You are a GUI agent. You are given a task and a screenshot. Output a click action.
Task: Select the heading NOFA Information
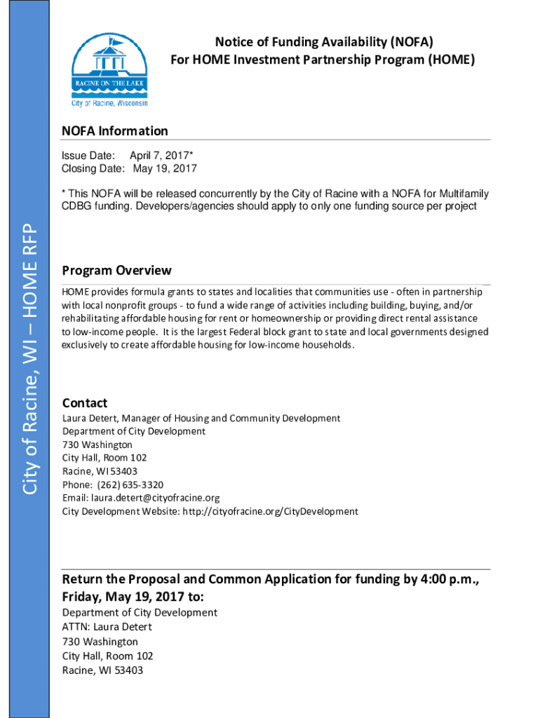tap(115, 131)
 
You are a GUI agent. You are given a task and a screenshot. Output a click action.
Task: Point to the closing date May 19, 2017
tap(165, 168)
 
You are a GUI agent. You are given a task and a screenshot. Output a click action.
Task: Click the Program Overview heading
tap(116, 271)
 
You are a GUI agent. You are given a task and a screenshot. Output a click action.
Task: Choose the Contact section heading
tap(85, 403)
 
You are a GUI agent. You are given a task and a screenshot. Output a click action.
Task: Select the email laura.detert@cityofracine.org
tap(155, 498)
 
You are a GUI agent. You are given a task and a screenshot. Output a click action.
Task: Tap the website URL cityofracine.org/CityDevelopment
tap(270, 511)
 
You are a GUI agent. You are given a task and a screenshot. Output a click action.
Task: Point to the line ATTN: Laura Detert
tap(107, 627)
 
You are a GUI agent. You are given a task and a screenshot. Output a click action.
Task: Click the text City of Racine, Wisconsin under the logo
tap(110, 102)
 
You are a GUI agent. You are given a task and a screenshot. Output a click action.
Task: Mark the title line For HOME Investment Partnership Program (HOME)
tap(323, 60)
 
